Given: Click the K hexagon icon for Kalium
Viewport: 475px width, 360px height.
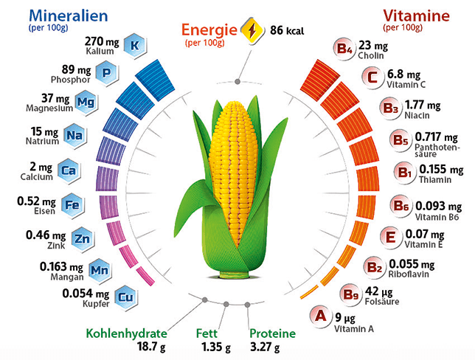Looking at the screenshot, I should tap(134, 46).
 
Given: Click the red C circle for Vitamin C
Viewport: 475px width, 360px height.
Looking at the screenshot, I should tap(372, 76).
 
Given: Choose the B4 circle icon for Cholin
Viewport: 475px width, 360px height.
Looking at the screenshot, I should tap(344, 49).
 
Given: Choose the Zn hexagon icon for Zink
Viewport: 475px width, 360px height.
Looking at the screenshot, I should tap(83, 238).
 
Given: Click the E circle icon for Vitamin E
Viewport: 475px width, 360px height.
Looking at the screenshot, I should tap(391, 238).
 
